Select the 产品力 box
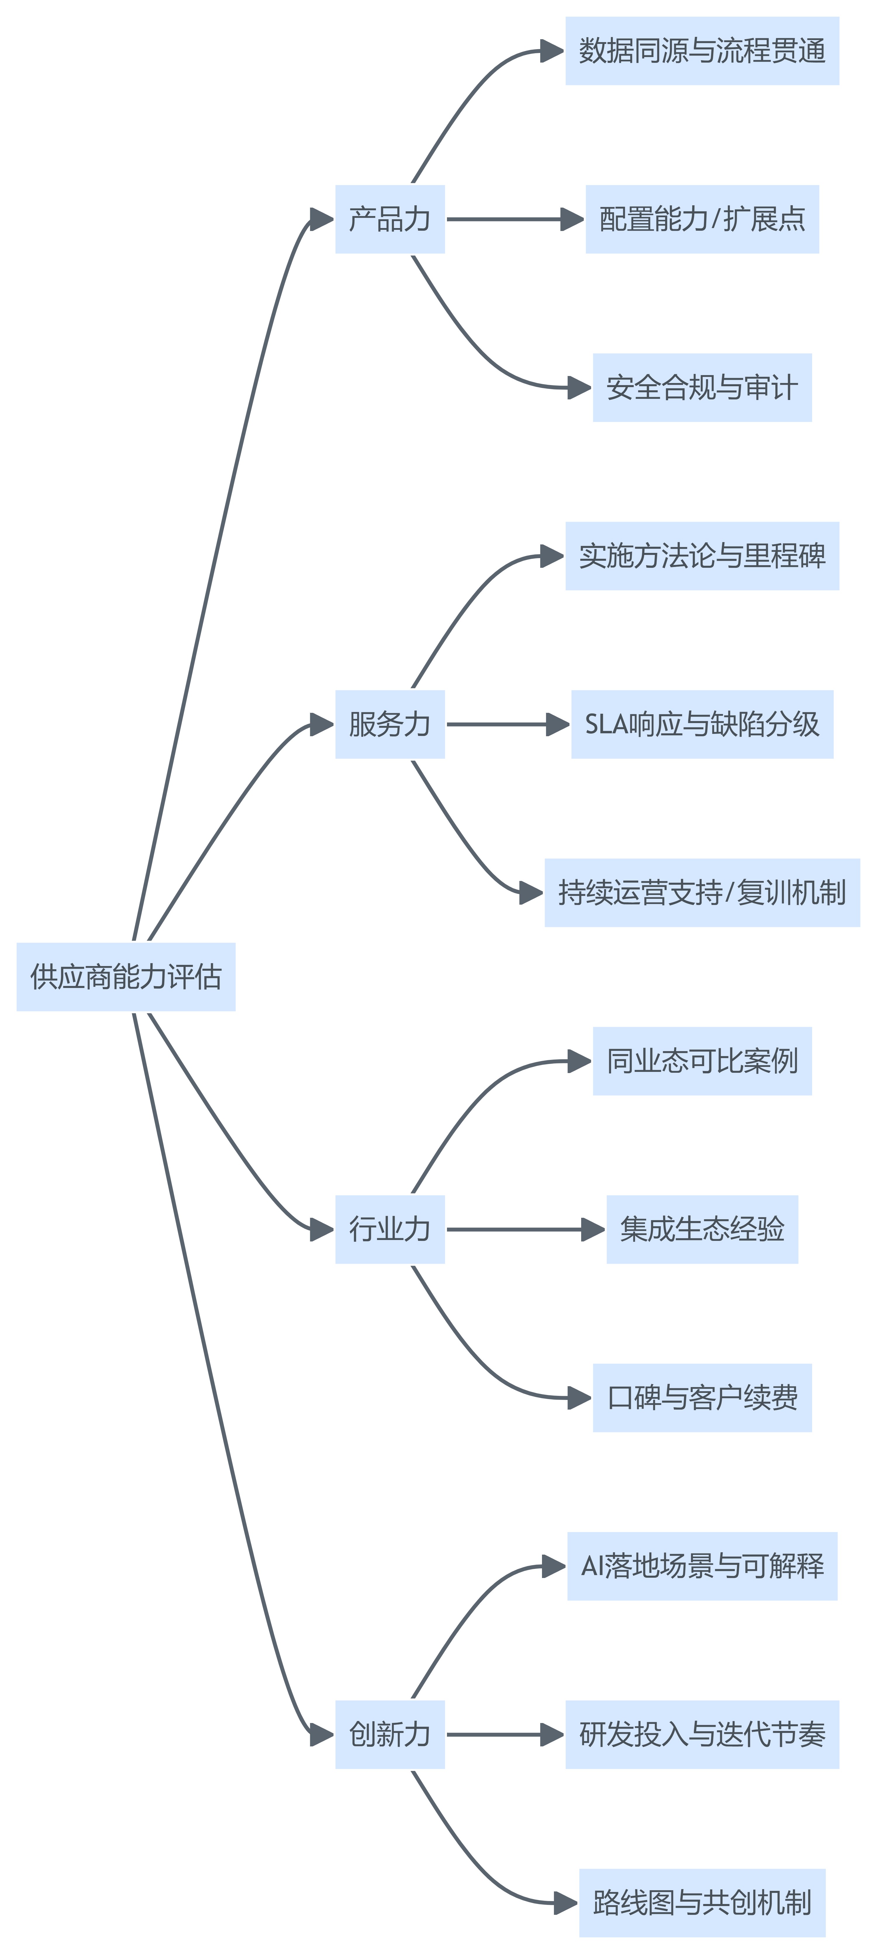(x=390, y=219)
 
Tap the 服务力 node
(x=390, y=725)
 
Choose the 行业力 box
(x=390, y=1229)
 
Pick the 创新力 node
(x=390, y=1735)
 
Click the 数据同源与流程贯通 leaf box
(x=702, y=51)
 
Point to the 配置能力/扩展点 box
(x=702, y=219)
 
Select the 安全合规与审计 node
(x=702, y=388)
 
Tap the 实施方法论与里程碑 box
(x=702, y=556)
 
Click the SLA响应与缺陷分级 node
(x=702, y=725)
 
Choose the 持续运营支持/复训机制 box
(x=702, y=893)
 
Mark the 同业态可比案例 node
(x=702, y=1061)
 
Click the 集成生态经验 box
(x=702, y=1229)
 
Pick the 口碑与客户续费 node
(x=702, y=1398)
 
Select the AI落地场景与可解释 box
(x=702, y=1566)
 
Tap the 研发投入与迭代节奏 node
(x=702, y=1735)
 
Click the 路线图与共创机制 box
(x=702, y=1903)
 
